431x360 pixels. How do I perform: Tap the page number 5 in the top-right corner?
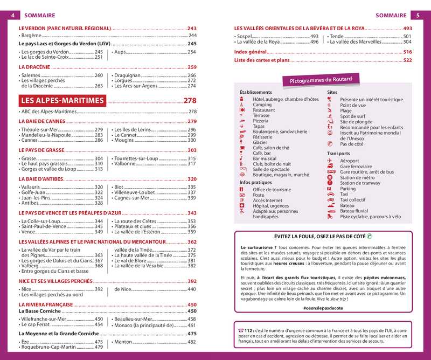418,16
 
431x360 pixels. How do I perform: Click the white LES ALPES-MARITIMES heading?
61,101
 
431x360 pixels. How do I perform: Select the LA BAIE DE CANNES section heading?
42,122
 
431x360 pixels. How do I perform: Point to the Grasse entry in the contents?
28,158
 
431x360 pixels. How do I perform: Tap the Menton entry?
124,342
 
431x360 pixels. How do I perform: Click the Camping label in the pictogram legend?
262,105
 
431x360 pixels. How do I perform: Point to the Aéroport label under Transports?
350,161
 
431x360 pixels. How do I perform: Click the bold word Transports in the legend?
338,154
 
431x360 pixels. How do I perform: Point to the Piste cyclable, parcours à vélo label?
370,217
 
